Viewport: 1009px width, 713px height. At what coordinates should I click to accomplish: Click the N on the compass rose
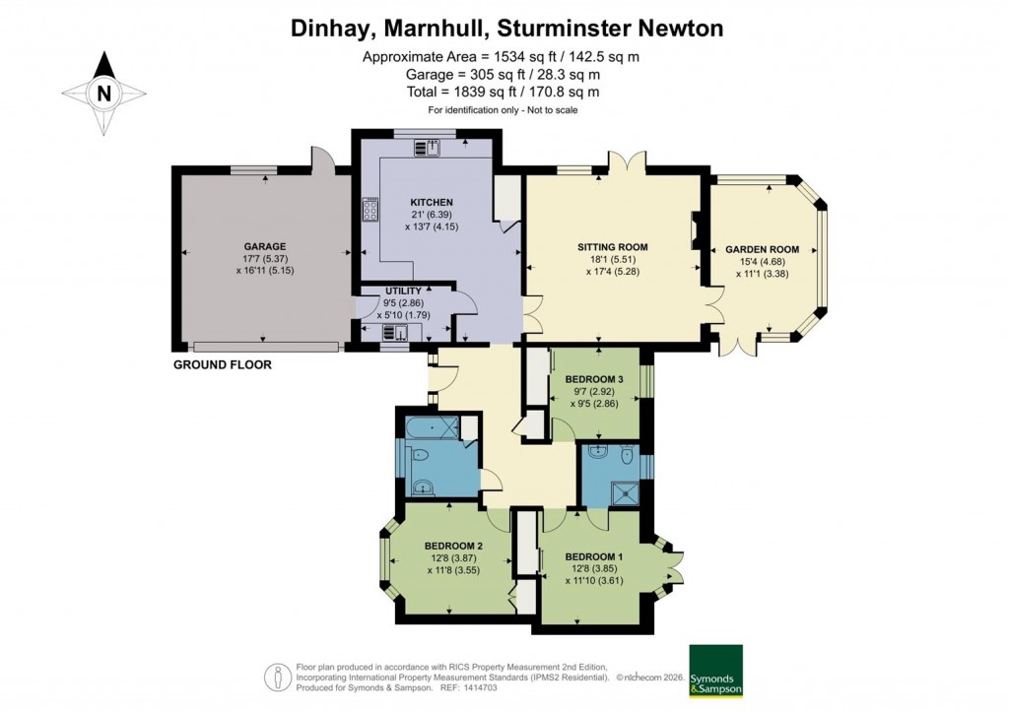(x=102, y=95)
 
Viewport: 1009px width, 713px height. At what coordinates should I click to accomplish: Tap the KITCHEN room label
(x=432, y=202)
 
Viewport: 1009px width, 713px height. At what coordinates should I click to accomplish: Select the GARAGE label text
(x=265, y=246)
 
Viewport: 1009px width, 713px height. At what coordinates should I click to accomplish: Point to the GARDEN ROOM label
(x=762, y=249)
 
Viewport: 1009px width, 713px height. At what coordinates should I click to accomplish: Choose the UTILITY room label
(x=404, y=292)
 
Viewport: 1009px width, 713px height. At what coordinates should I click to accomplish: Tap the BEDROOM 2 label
(x=452, y=546)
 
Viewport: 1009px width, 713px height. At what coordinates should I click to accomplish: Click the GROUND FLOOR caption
(x=222, y=364)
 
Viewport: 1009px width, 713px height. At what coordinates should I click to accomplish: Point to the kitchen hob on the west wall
(x=371, y=210)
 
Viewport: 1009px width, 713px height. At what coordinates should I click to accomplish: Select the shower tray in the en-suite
(x=622, y=490)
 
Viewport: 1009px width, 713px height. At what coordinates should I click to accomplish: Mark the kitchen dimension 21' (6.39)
(x=432, y=215)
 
